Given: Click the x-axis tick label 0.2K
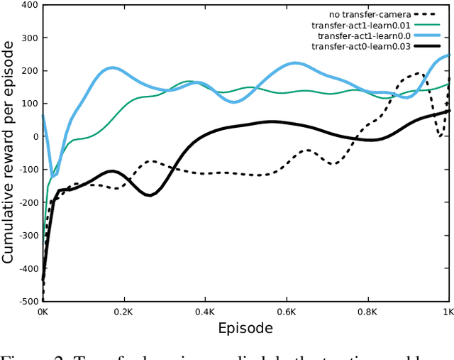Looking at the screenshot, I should coord(124,312).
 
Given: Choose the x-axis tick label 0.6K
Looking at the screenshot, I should coord(287,312).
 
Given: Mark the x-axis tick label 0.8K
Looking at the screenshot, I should coord(368,312).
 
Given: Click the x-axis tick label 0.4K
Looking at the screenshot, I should coord(205,312).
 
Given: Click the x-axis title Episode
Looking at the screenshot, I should coord(245,328).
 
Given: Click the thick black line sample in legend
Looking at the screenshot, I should coord(424,46).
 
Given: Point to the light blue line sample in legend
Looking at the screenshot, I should coord(424,35).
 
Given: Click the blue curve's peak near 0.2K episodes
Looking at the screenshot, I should coord(113,68).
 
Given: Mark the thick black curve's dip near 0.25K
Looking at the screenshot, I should coord(149,195).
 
